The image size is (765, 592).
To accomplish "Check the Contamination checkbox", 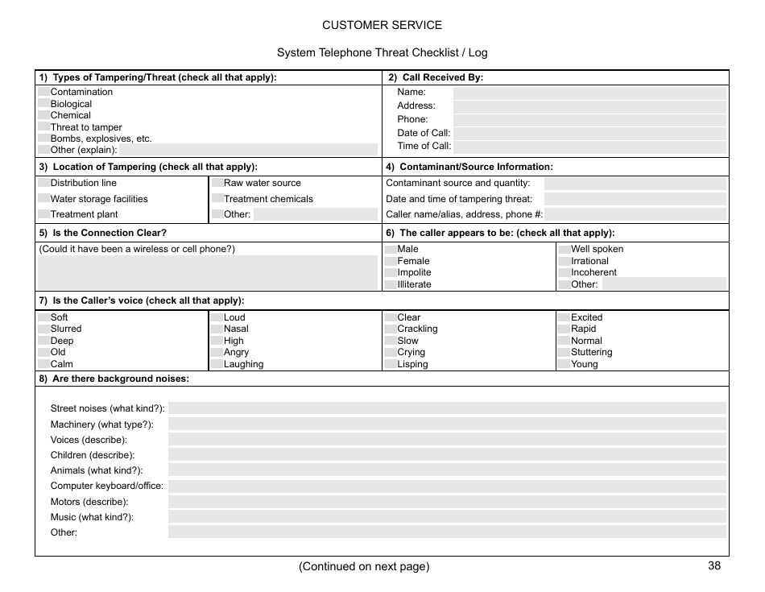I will click(43, 92).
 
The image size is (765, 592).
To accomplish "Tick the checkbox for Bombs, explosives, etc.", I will click(43, 139).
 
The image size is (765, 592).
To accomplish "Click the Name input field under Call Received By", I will click(589, 93).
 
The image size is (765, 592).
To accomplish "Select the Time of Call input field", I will click(589, 147).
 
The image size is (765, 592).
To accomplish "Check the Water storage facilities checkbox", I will click(43, 199).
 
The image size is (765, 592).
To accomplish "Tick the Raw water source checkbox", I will click(217, 183).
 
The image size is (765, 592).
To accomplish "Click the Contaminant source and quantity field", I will click(635, 184).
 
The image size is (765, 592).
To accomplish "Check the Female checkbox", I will click(391, 261).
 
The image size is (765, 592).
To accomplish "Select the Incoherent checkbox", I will click(564, 272).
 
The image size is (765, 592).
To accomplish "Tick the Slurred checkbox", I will click(43, 329).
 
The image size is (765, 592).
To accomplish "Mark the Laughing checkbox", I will click(217, 364).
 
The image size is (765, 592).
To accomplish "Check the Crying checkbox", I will click(391, 352).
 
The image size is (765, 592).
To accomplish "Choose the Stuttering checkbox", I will click(564, 352).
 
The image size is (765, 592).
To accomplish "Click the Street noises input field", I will click(446, 408).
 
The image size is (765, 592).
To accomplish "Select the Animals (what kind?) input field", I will click(446, 470).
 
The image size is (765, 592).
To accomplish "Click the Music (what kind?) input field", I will click(446, 517).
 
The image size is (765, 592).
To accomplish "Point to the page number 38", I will click(714, 565).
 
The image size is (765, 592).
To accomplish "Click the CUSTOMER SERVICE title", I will click(382, 25).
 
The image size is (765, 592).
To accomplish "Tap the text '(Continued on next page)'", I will click(364, 566).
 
